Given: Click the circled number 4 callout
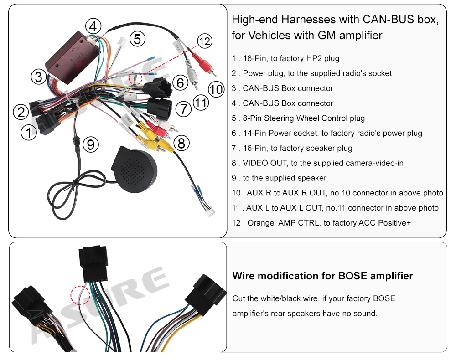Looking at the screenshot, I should pos(93,26).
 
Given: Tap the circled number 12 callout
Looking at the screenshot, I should pos(205,41).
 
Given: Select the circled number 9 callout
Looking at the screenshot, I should pos(91,145).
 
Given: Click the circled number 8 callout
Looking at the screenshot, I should pos(181,144).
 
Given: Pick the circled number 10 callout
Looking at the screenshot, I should pos(217,88).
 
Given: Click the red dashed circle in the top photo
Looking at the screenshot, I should pos(135,78).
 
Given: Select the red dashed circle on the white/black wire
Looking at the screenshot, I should pos(79,295).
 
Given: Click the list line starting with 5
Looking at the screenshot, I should pos(298,118).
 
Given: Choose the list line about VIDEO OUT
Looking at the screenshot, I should pos(317,163).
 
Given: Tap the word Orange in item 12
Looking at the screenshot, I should pos(260,223).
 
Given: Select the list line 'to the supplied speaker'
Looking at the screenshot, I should pos(279,178).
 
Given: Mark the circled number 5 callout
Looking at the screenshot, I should pos(137,39).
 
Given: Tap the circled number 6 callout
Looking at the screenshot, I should pos(181,83).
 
